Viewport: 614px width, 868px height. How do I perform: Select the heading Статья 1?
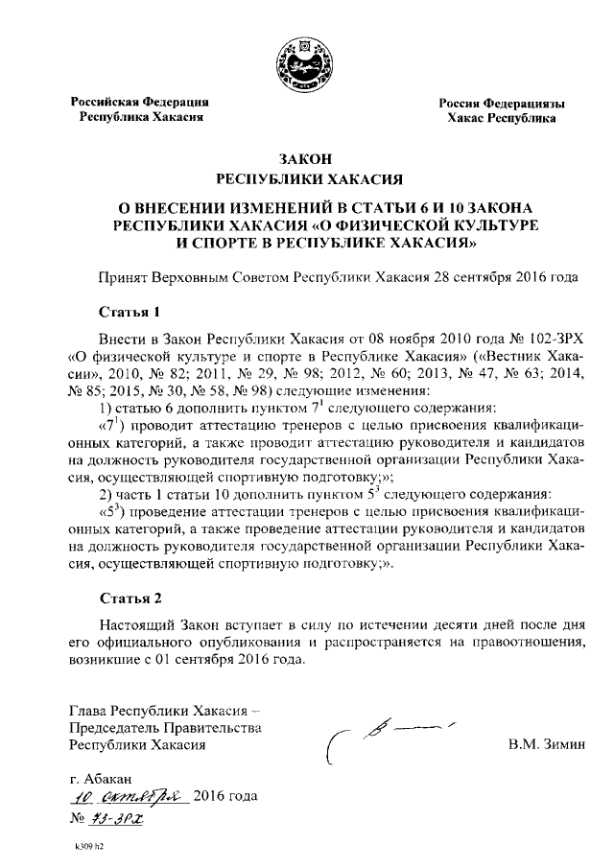point(127,312)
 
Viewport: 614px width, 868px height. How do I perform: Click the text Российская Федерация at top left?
point(144,101)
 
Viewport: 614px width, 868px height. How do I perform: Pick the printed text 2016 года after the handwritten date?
point(225,796)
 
